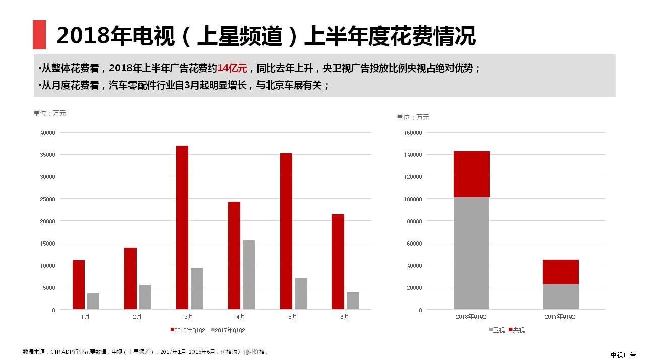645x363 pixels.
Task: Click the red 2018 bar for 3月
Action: [x=182, y=227]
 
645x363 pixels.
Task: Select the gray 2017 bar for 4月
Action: [x=249, y=275]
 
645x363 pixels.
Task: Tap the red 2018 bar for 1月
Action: [x=79, y=284]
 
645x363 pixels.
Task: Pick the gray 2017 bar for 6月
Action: [x=353, y=300]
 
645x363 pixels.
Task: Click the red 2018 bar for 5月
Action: [x=286, y=231]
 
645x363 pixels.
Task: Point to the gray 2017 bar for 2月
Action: [x=145, y=297]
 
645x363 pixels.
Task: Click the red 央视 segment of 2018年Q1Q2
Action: [x=471, y=174]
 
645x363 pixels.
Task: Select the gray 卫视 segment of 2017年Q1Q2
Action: [x=560, y=296]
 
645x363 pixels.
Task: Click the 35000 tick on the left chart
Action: [x=47, y=155]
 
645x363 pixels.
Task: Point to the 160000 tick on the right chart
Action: [x=413, y=133]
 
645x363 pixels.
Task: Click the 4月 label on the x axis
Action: [x=241, y=317]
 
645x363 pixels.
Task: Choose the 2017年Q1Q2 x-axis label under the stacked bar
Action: [x=560, y=317]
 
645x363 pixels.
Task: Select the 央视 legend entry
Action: [x=516, y=330]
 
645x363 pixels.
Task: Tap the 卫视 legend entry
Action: [x=496, y=330]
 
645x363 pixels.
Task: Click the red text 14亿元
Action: [x=232, y=68]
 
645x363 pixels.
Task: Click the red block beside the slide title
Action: [x=39, y=35]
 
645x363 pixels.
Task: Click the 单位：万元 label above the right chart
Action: [x=413, y=117]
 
